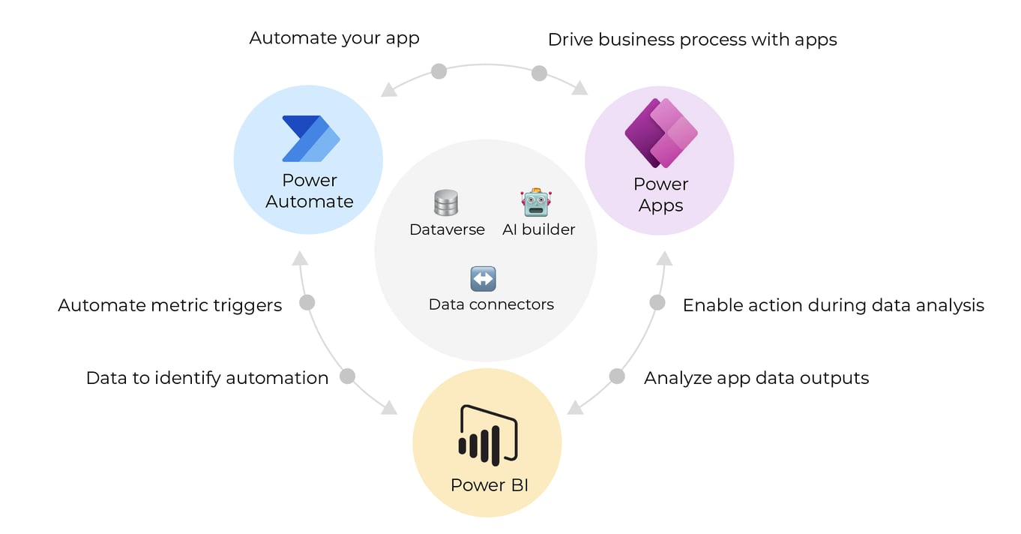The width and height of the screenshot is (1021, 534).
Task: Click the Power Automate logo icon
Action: [x=310, y=139]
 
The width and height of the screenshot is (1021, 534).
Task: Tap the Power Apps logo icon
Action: [x=661, y=133]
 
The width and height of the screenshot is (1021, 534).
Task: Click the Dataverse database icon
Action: [x=446, y=202]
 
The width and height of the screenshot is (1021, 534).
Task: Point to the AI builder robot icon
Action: [x=536, y=202]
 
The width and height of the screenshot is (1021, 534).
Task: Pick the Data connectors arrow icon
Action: [x=483, y=279]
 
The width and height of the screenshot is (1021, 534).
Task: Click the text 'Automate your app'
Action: [x=334, y=38]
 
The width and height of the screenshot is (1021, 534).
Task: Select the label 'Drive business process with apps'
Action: [x=692, y=40]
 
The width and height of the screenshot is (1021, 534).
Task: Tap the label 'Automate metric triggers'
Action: [x=170, y=305]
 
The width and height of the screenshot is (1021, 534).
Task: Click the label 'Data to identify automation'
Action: [x=207, y=378]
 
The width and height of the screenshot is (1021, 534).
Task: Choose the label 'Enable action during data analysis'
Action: [x=833, y=305]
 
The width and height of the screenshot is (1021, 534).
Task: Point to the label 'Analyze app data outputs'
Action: [x=756, y=378]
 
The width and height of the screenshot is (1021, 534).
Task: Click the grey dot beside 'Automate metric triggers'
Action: [x=307, y=303]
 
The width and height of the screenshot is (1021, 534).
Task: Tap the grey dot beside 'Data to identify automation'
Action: [x=347, y=376]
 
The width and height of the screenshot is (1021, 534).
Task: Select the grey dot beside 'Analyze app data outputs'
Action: [x=616, y=376]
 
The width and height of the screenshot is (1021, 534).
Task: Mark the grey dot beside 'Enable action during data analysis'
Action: [x=657, y=303]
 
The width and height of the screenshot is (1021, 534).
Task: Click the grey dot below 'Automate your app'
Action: [x=439, y=71]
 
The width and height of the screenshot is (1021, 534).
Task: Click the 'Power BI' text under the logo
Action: [x=489, y=485]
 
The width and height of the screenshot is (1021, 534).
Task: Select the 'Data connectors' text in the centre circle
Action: [x=491, y=304]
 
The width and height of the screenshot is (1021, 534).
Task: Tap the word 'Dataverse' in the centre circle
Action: [x=447, y=229]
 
